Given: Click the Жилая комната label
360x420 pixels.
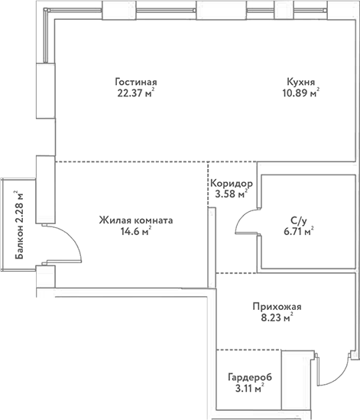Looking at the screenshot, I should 135,220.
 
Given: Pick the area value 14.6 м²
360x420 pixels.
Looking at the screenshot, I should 134,233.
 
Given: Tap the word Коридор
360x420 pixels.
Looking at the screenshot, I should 232,184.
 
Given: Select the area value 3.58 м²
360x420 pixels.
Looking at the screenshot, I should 231,195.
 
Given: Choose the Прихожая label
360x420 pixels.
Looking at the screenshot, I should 273,307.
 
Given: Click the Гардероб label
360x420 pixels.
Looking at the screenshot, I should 250,377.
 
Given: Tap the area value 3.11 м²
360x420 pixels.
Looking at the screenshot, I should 246,389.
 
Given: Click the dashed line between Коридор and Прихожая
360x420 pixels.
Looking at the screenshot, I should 237,273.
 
